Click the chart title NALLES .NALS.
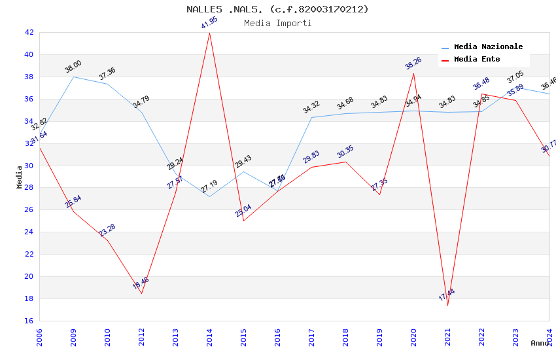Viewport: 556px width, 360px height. pyautogui.click(x=277, y=9)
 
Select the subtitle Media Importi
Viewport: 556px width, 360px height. pyautogui.click(x=277, y=23)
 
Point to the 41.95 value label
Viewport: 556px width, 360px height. pyautogui.click(x=209, y=23)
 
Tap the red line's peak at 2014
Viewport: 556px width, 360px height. pyautogui.click(x=209, y=33)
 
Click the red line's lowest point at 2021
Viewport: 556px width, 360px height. pyautogui.click(x=447, y=305)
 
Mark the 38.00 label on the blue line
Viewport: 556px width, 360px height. pyautogui.click(x=73, y=66)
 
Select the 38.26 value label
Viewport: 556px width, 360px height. pyautogui.click(x=413, y=63)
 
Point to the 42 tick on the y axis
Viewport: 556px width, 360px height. pyautogui.click(x=29, y=32)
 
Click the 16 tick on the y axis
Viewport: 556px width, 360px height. pyautogui.click(x=29, y=321)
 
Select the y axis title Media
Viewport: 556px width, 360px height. pyautogui.click(x=20, y=177)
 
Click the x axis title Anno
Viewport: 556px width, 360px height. pyautogui.click(x=540, y=343)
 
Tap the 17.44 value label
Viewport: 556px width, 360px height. pyautogui.click(x=447, y=295)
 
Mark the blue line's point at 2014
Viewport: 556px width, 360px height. pyautogui.click(x=209, y=196)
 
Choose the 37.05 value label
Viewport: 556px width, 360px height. pyautogui.click(x=515, y=79)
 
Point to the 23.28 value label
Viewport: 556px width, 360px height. pyautogui.click(x=107, y=230)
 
